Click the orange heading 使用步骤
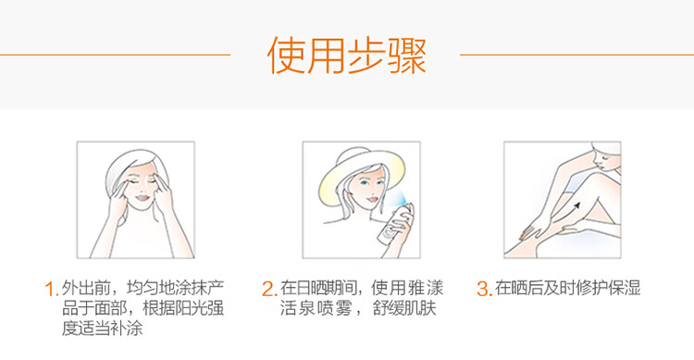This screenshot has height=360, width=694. pos(347,56)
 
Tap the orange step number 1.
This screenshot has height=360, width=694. pos(51,289)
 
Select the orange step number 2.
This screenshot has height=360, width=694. pos(269,289)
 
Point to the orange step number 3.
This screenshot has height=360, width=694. pos(484,289)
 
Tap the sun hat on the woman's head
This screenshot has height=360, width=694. pos(361,173)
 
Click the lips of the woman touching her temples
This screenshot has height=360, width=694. pos(143,197)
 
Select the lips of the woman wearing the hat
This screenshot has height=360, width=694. pos(372,199)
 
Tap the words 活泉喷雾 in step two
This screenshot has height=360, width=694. pos(316,308)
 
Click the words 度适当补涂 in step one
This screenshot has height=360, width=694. pos(102,329)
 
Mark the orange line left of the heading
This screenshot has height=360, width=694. pos(115,55)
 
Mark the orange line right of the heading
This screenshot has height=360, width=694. pos(576,55)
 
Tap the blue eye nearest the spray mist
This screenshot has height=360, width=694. pos(378,182)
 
